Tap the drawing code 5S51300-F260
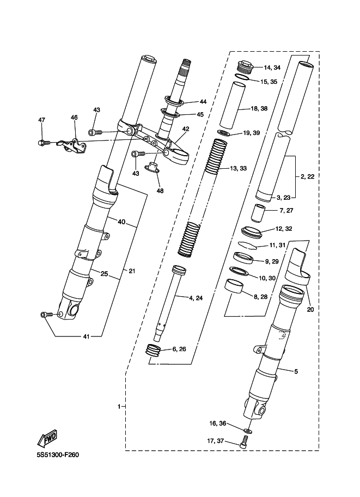pyautogui.click(x=57, y=455)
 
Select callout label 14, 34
pyautogui.click(x=272, y=68)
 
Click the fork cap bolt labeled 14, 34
pyautogui.click(x=245, y=67)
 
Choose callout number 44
pyautogui.click(x=203, y=102)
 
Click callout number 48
pyautogui.click(x=160, y=191)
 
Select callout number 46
pyautogui.click(x=74, y=117)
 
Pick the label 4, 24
pyautogui.click(x=196, y=298)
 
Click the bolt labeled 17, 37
pyautogui.click(x=244, y=440)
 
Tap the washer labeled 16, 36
pyautogui.click(x=248, y=430)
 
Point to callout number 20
pyautogui.click(x=310, y=309)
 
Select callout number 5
pyautogui.click(x=296, y=371)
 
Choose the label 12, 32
pyautogui.click(x=284, y=229)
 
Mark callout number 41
pyautogui.click(x=86, y=336)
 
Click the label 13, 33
pyautogui.click(x=238, y=168)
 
